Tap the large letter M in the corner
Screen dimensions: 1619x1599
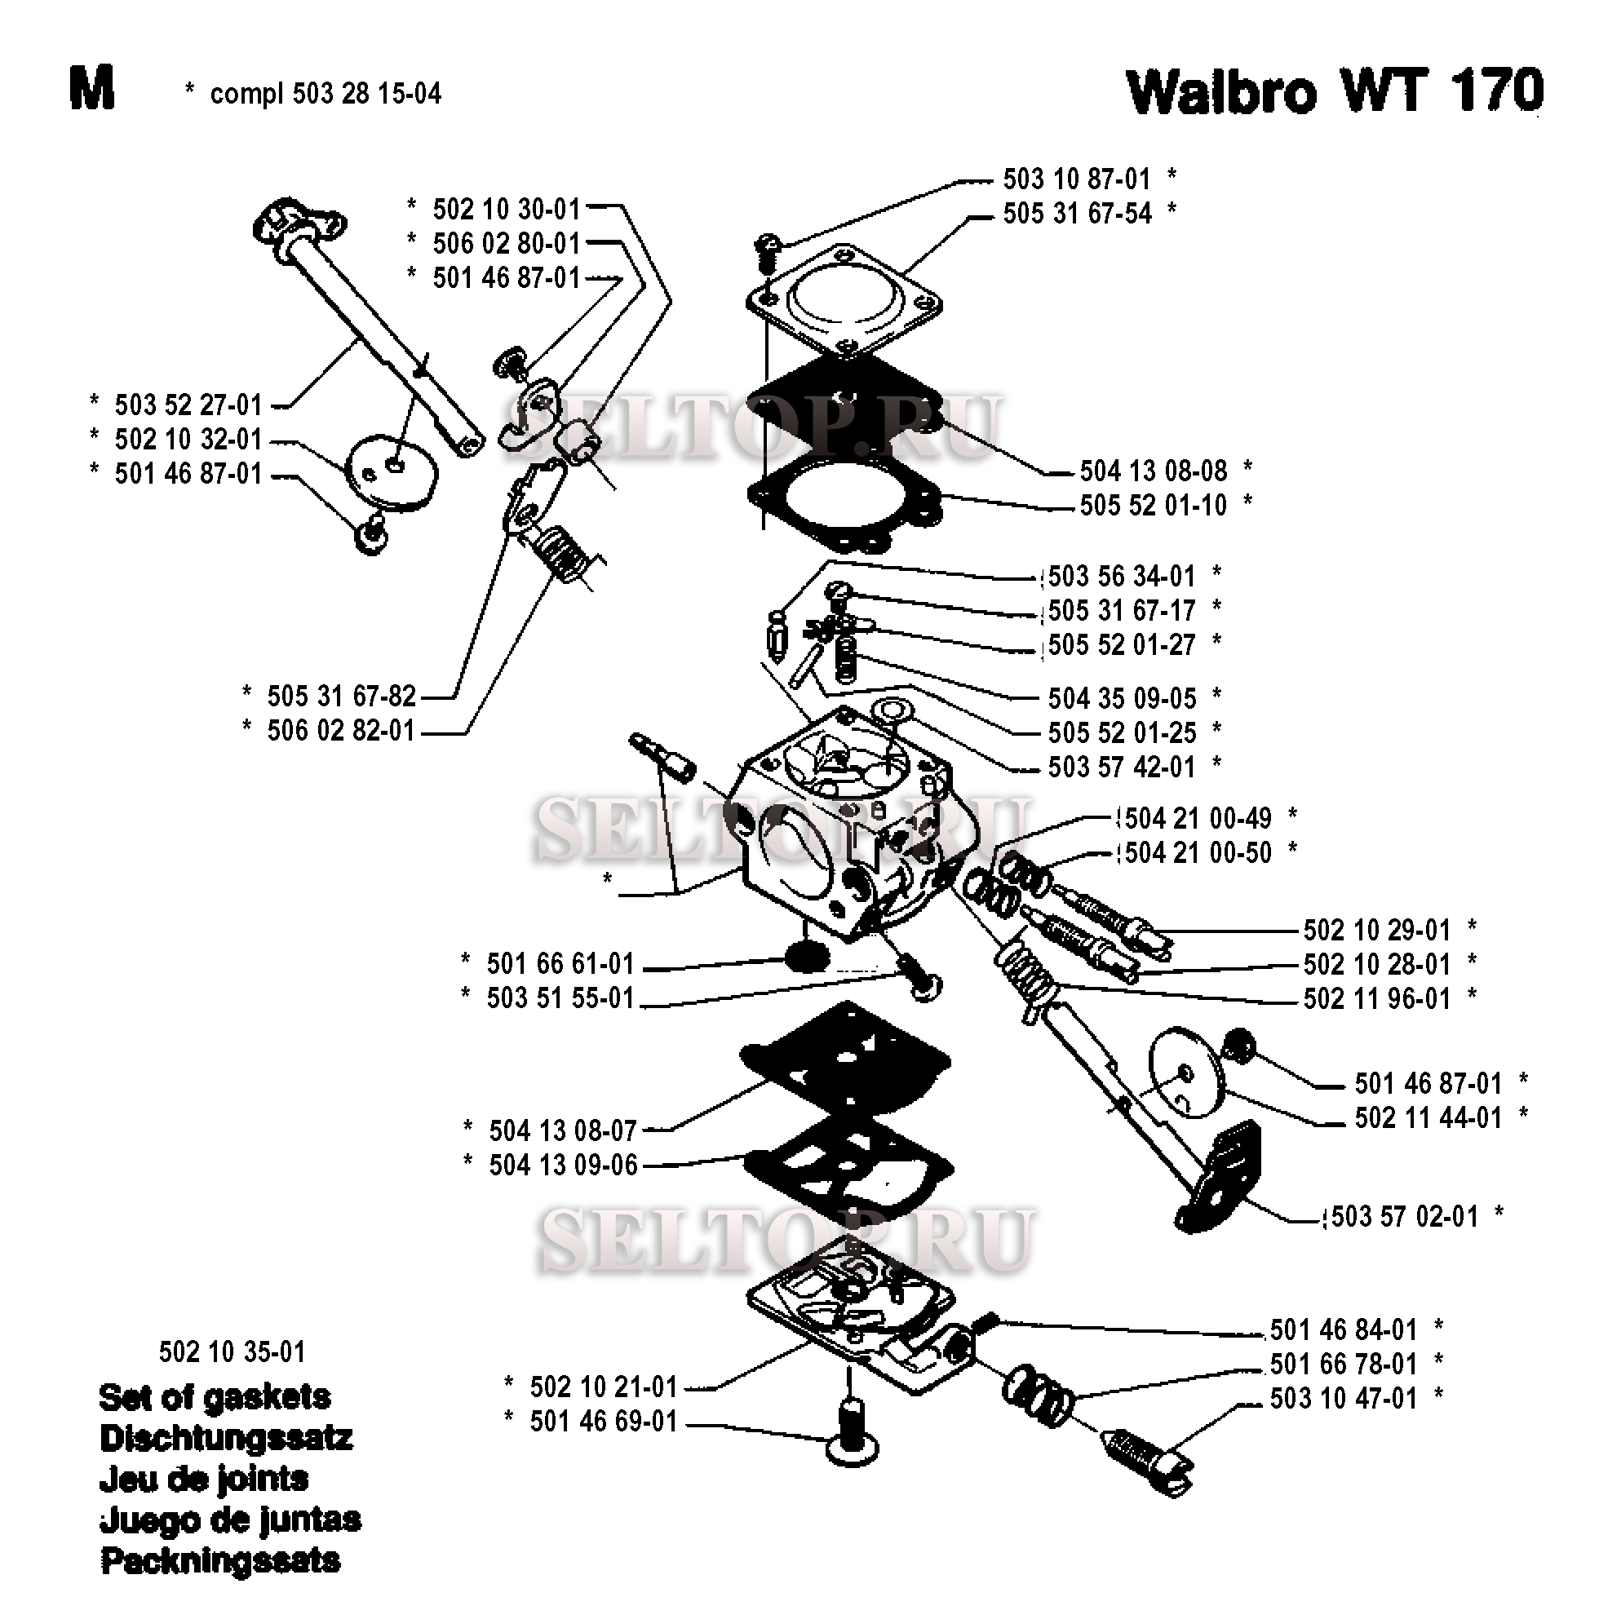(x=91, y=90)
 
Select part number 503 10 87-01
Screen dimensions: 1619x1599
(x=1076, y=179)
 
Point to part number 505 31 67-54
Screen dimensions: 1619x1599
(x=1077, y=213)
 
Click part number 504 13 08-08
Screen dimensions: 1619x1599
(x=1154, y=471)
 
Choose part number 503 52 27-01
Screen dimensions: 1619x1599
(x=188, y=405)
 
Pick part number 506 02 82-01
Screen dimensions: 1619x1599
(x=341, y=731)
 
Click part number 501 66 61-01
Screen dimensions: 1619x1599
(x=560, y=964)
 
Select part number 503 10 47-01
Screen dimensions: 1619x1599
(x=1343, y=1399)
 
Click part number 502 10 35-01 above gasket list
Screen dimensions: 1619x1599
(x=232, y=1351)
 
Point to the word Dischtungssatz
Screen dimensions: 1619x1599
(x=226, y=1438)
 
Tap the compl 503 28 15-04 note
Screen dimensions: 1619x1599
(x=326, y=93)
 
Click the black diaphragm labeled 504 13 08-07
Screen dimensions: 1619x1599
(x=844, y=1060)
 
